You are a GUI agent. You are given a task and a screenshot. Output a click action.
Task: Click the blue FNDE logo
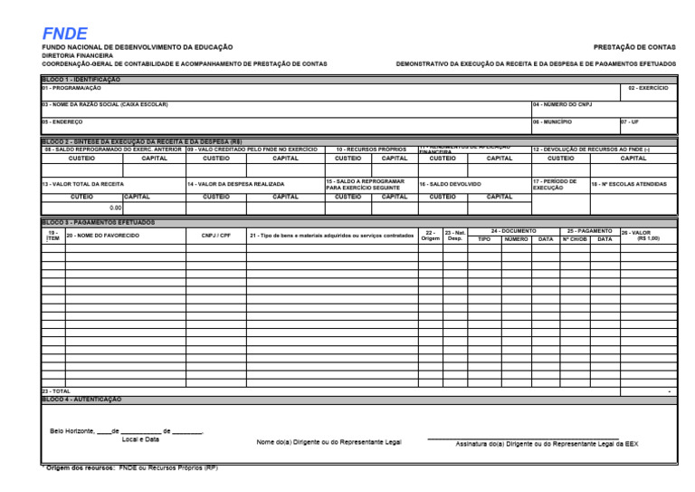[64, 34]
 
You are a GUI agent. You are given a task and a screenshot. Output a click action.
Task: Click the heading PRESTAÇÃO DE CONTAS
[634, 46]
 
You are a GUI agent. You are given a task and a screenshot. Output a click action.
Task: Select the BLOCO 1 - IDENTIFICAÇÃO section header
[81, 80]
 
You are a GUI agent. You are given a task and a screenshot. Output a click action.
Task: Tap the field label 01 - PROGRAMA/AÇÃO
[69, 88]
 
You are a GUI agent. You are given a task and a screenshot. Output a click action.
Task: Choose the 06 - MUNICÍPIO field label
[552, 121]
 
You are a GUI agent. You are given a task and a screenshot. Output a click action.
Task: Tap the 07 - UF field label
[630, 121]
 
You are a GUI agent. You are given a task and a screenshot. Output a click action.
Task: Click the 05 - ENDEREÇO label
[62, 121]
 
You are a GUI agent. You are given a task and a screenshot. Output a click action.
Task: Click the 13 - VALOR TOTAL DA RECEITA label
[82, 184]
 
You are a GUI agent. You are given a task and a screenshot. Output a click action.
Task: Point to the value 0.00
[114, 207]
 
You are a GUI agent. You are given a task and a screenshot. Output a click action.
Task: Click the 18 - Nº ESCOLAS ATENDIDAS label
[629, 184]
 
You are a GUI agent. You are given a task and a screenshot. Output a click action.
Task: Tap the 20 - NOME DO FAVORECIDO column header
[102, 236]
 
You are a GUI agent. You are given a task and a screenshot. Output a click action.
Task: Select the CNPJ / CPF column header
[215, 236]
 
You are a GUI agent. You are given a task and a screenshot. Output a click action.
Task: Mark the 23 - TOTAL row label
[56, 391]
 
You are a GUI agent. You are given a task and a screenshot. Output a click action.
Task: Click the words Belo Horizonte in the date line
[71, 431]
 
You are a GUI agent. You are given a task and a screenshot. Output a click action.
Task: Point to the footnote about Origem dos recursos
[129, 468]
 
